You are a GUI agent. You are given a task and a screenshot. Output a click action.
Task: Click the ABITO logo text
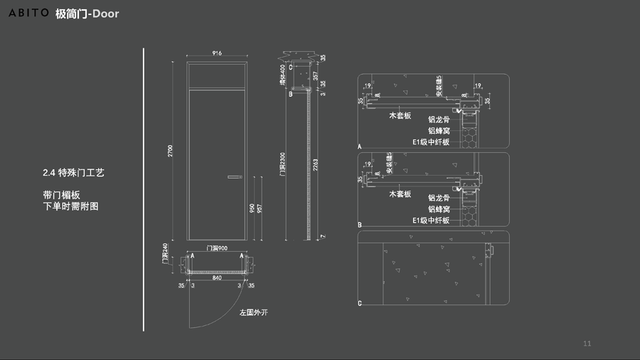(x=28, y=14)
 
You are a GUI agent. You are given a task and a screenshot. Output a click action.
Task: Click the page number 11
(x=587, y=344)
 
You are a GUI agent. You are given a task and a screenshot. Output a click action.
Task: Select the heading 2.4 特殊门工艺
(x=73, y=173)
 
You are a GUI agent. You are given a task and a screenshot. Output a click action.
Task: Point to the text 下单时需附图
(x=70, y=206)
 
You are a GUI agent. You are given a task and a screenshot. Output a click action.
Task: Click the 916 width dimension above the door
(x=218, y=54)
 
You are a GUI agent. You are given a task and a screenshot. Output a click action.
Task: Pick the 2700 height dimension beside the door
(x=170, y=151)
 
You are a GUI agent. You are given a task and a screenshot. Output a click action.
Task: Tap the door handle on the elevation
(x=235, y=176)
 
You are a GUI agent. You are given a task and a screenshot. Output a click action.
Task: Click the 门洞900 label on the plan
(x=217, y=248)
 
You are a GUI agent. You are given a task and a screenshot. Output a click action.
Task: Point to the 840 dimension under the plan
(x=217, y=278)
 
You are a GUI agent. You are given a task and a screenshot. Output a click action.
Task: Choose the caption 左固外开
(x=254, y=312)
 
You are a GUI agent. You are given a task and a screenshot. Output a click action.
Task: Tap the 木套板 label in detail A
(x=400, y=115)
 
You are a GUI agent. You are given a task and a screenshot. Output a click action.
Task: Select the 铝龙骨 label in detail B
(x=439, y=198)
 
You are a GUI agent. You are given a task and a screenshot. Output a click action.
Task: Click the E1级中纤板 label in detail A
(x=431, y=142)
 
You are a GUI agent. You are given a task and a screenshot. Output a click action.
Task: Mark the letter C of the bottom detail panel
(x=360, y=304)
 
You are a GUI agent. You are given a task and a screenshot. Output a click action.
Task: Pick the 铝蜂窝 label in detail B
(x=439, y=209)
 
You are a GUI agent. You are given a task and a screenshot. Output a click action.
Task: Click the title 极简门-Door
(x=87, y=14)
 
